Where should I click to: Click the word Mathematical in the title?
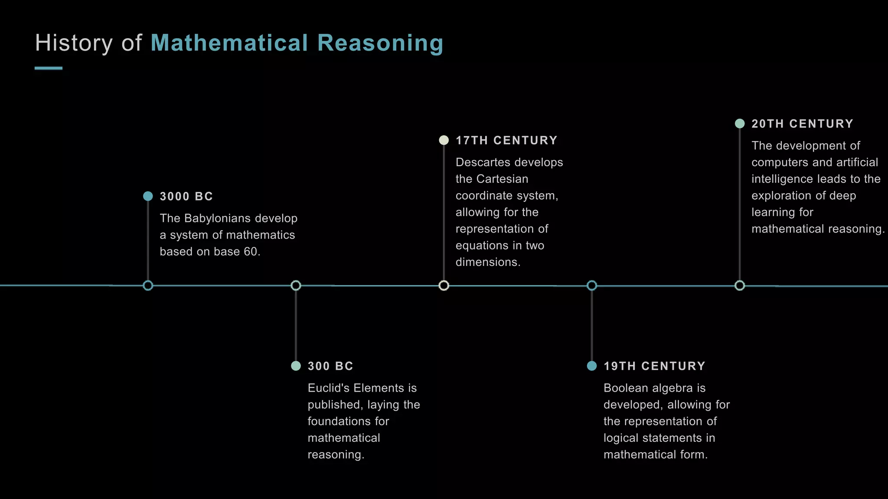coord(229,43)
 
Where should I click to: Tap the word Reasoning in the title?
coord(380,44)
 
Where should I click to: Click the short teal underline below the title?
coord(49,68)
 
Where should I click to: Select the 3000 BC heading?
coord(186,196)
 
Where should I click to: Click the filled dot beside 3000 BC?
coord(148,196)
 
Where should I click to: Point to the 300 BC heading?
coord(330,366)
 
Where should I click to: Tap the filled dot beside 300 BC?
coord(296,366)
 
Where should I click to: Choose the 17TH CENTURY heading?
coord(506,140)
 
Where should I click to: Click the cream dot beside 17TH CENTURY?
coord(444,140)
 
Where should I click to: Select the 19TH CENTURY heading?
coord(654,366)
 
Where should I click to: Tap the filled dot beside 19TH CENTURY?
coord(591,366)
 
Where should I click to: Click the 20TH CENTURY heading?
coord(802,124)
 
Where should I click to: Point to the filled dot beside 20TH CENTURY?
coord(740,123)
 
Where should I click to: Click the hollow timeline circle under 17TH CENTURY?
coord(444,285)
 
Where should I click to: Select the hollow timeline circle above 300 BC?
coord(296,285)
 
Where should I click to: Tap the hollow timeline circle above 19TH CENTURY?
coord(592,285)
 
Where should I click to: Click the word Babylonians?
coord(211,218)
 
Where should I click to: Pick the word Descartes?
coord(481,162)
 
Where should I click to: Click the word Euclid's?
coord(329,388)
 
